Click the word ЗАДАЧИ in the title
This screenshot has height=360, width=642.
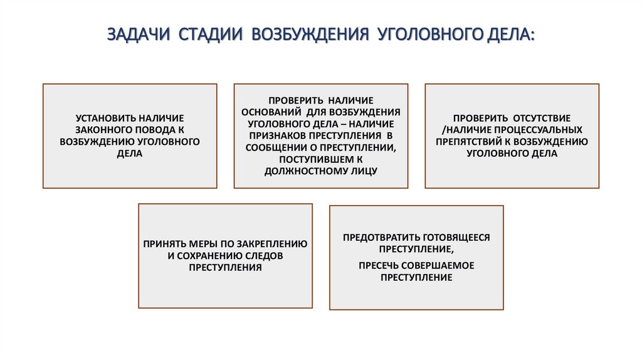coord(137,34)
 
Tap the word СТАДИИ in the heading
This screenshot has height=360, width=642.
coord(210,34)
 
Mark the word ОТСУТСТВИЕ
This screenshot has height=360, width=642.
coord(542,118)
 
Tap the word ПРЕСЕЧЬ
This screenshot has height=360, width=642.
coord(379,265)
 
